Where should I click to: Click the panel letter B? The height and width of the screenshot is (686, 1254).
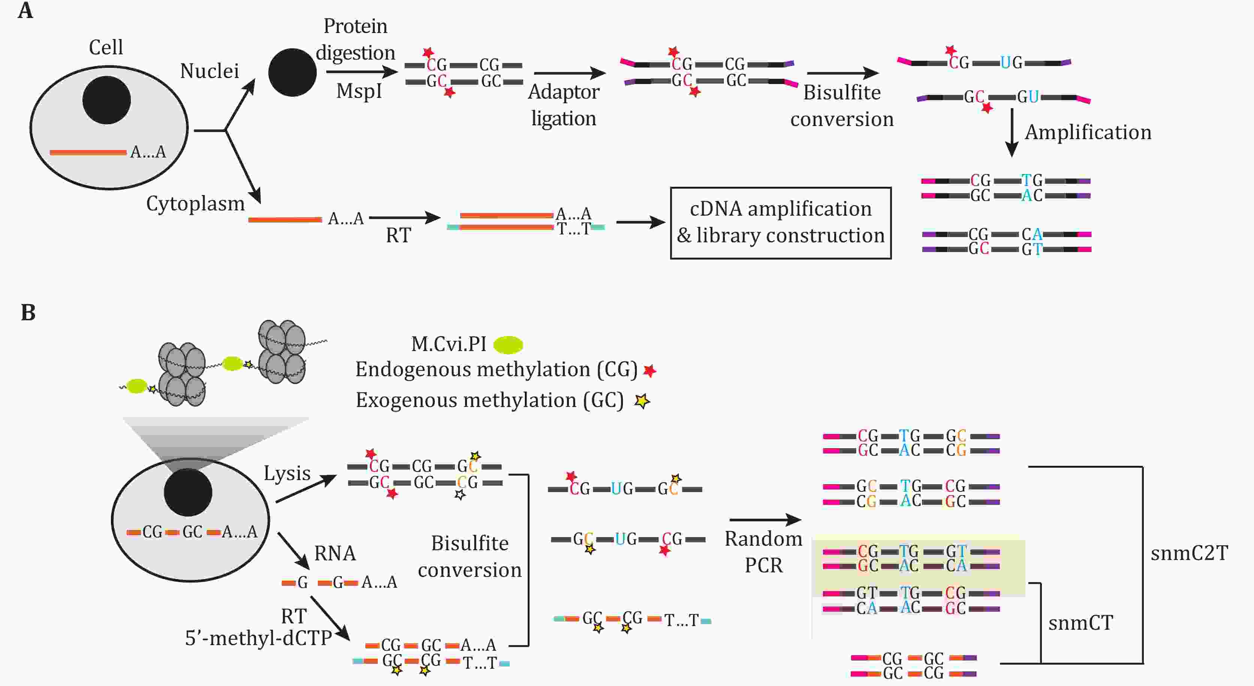(x=28, y=312)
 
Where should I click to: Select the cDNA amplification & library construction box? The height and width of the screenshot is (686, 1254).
(x=781, y=223)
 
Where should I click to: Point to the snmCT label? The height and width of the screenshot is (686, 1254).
(x=1081, y=623)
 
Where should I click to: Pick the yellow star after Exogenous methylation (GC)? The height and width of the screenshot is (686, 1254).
(x=642, y=401)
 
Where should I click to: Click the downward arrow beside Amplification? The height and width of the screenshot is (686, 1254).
(x=1012, y=132)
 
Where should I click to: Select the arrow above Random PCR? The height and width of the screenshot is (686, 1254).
(x=766, y=520)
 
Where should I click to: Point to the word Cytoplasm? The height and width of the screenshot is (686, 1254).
(x=195, y=204)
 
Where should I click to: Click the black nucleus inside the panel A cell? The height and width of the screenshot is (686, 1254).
(x=106, y=100)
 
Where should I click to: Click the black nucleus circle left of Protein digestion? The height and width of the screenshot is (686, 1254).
(x=293, y=73)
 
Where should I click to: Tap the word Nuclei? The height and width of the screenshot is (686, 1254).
(x=209, y=71)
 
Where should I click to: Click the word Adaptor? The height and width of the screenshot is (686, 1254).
(x=563, y=93)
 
